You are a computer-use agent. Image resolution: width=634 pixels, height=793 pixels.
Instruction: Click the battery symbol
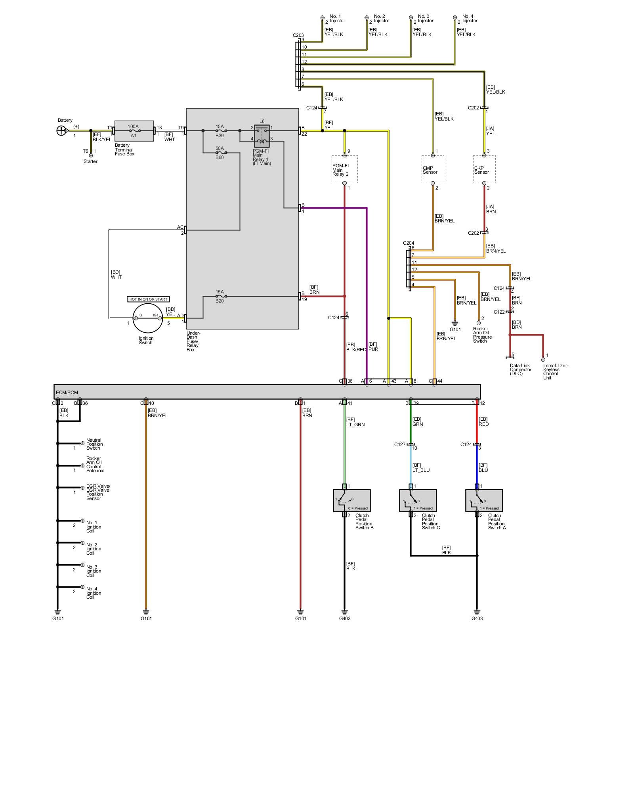click(61, 130)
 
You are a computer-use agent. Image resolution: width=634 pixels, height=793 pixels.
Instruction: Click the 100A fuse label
click(133, 126)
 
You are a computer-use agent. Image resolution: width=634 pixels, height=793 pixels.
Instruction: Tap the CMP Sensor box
click(433, 170)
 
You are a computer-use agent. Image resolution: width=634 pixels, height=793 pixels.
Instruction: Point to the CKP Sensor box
click(484, 170)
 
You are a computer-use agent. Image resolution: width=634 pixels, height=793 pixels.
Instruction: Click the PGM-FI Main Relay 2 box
click(344, 170)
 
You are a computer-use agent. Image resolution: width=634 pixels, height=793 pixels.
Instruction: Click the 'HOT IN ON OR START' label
click(149, 299)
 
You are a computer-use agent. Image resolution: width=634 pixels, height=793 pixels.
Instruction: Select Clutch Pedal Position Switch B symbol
click(352, 501)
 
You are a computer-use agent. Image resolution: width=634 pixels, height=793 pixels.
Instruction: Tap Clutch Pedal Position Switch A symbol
click(484, 501)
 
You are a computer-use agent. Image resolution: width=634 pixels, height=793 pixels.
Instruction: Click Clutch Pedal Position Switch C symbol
click(418, 501)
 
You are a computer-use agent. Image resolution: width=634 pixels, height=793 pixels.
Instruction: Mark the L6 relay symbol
click(262, 136)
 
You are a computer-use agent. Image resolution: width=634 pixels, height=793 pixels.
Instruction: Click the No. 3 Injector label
click(425, 19)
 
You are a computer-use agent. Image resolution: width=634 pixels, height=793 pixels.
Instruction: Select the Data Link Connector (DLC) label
click(520, 370)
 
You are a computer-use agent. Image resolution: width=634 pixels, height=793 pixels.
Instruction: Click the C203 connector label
click(298, 35)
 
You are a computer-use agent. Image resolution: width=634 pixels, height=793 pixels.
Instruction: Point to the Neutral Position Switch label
click(94, 444)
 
